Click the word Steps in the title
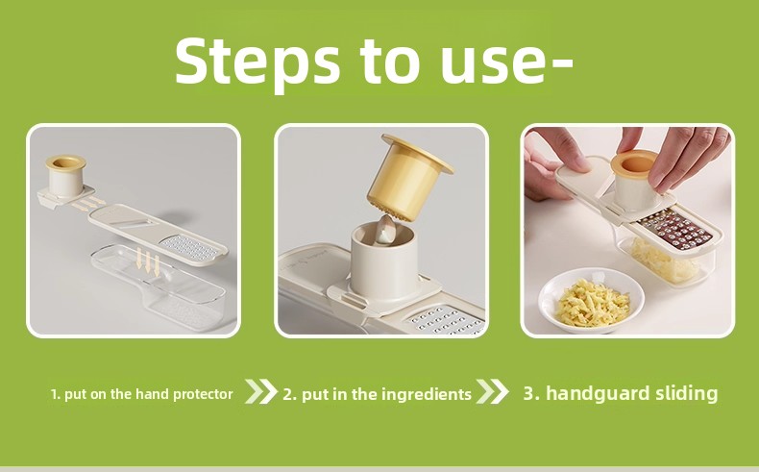257,62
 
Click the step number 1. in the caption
56,394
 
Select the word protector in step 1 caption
203,394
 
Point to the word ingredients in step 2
427,394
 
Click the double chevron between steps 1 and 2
261,391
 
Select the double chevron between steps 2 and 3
492,391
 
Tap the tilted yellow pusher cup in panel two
406,179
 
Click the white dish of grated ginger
592,301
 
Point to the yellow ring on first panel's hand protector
66,162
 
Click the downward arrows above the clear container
148,261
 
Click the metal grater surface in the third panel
676,230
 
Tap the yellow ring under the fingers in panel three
634,162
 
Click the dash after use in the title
561,62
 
